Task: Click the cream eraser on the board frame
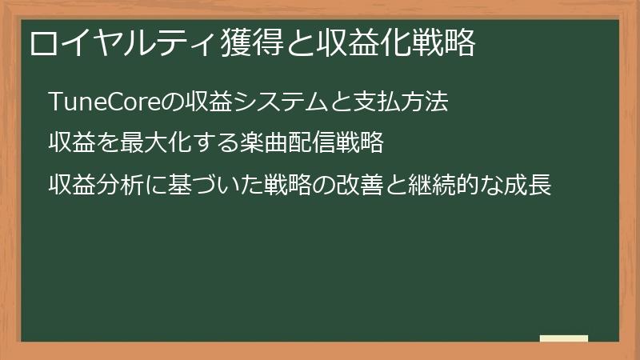564,339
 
